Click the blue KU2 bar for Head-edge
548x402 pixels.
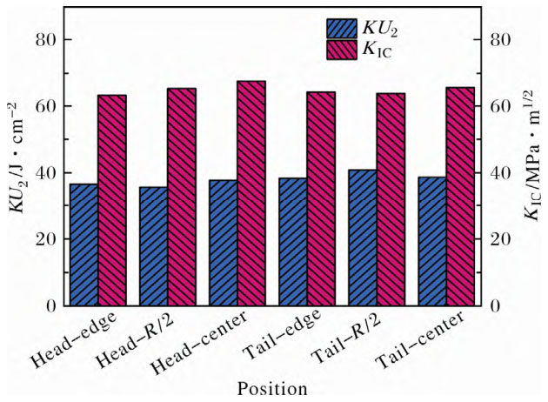tap(84, 245)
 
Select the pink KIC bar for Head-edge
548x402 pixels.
tap(112, 200)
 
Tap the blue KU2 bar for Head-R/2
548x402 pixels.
tap(153, 246)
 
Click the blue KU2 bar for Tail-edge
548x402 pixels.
tap(292, 242)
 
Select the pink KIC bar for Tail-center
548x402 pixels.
tap(460, 197)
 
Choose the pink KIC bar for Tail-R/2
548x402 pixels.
tap(391, 199)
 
